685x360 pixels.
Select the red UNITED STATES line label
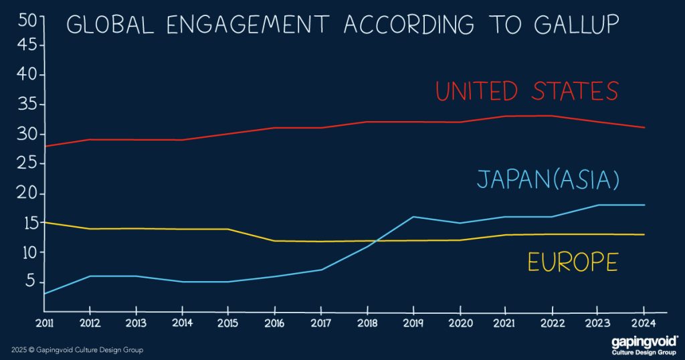click(526, 91)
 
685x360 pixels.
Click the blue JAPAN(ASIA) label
click(548, 179)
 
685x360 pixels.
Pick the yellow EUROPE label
click(572, 262)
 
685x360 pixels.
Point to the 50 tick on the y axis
click(27, 20)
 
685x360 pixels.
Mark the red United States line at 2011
click(44, 146)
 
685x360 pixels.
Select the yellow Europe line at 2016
click(274, 241)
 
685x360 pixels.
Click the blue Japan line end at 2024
click(644, 205)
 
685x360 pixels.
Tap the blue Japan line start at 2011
click(44, 293)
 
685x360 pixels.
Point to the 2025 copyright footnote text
click(77, 350)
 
